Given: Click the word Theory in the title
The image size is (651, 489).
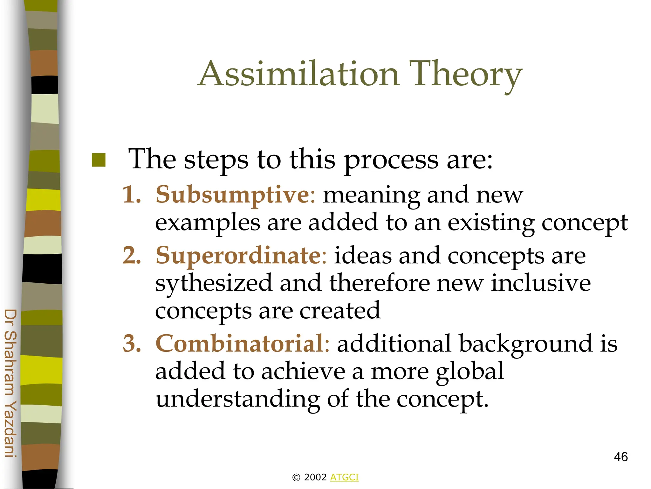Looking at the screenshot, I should coord(465,74).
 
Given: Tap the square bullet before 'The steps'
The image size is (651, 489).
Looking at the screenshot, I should coord(99,160).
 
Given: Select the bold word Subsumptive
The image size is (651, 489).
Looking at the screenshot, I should coord(232,195).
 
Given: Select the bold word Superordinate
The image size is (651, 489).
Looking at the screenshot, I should coord(238,255).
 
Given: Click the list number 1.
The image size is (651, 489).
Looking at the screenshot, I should coord(132,195).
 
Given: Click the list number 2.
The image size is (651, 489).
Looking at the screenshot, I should coord(132,256).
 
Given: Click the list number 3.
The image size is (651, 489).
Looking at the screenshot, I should coord(132,344).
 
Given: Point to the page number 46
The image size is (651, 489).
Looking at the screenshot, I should coord(620,457).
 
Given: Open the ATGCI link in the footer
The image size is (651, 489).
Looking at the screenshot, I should coord(344,477).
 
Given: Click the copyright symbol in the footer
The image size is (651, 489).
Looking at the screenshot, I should coord(296,478).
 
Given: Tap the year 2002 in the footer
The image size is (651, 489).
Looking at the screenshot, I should coord(315,477).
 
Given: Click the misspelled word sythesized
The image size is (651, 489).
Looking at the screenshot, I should coord(214,283).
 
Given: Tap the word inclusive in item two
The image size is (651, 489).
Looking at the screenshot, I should coord(540,283).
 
